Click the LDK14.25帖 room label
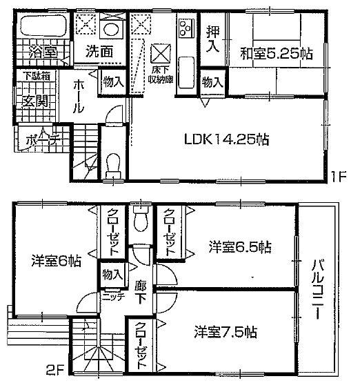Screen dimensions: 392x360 [x=225, y=138]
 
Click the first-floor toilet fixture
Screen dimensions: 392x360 [x=114, y=166]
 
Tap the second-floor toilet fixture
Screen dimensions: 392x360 [x=142, y=220]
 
